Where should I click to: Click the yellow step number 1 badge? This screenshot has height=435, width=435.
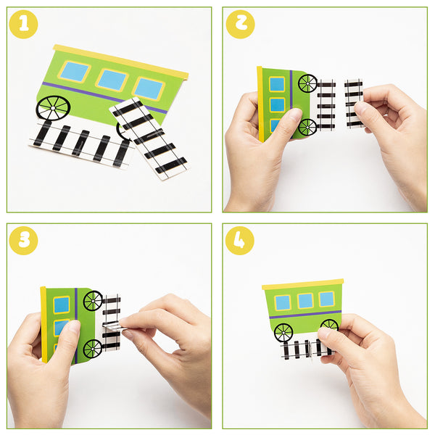(24, 24)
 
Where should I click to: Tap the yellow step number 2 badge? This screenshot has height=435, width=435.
(240, 24)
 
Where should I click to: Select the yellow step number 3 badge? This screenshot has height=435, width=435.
(24, 241)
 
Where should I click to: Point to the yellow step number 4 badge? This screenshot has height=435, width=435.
(240, 241)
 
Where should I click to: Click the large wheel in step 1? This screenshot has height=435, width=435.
(53, 108)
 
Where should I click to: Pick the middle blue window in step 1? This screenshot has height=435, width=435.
(112, 80)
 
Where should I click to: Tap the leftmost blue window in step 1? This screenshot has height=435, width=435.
(75, 72)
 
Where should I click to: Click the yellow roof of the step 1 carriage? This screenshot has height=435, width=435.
(120, 62)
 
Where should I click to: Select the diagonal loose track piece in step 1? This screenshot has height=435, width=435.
(149, 138)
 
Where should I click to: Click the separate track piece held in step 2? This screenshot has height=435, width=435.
(354, 104)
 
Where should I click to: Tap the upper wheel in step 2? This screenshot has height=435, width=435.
(307, 83)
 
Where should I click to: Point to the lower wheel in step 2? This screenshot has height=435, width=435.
(307, 128)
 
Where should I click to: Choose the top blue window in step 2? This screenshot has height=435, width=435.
(278, 84)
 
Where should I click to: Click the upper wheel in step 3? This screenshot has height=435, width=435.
(93, 301)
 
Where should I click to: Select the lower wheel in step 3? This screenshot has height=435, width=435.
(92, 349)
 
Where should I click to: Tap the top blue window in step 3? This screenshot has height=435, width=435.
(62, 304)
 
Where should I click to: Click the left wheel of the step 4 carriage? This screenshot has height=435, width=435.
(283, 333)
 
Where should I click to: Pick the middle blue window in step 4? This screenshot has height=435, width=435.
(305, 301)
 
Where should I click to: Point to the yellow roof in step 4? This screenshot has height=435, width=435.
(302, 284)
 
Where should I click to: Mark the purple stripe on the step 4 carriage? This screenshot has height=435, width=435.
(305, 315)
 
